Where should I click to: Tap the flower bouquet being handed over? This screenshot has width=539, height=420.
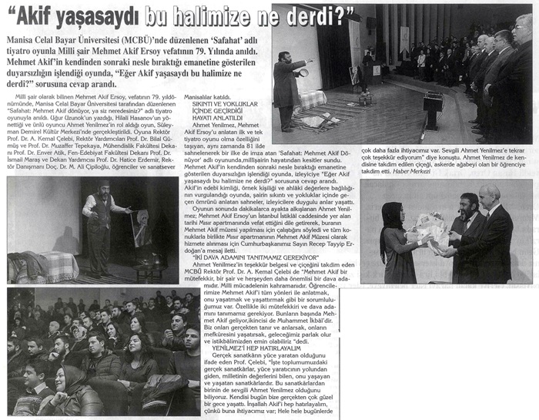tap(427, 229)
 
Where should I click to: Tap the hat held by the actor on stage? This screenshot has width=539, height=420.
tap(304, 72)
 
